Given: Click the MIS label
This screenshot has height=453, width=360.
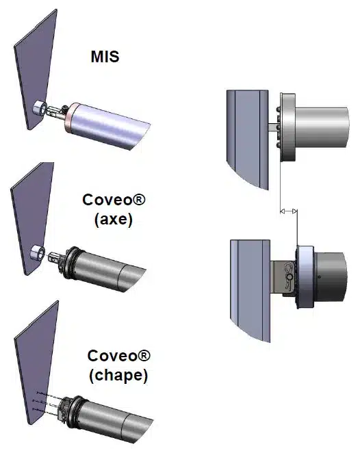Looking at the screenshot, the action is (105, 57).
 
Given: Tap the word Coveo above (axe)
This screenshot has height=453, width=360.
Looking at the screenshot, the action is (114, 200).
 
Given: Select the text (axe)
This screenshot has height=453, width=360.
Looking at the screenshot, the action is (114, 220).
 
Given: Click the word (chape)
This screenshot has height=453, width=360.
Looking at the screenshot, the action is (118, 376).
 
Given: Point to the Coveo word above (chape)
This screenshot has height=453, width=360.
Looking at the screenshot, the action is (119, 355).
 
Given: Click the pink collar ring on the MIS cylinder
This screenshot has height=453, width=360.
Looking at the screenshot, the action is (69, 116).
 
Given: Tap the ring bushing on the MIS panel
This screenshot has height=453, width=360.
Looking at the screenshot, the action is (39, 108).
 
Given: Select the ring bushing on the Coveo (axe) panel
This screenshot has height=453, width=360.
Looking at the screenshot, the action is (38, 253).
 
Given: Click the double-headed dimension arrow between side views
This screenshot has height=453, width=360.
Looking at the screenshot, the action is (289, 211).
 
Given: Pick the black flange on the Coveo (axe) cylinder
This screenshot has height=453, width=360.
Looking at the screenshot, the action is (68, 263).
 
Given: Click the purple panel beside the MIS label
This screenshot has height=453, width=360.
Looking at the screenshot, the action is (36, 69).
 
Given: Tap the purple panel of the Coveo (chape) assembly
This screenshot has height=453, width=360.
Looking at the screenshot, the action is (36, 363).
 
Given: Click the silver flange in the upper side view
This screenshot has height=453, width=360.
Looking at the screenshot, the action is (287, 127).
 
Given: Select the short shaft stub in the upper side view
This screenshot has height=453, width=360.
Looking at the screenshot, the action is (274, 127).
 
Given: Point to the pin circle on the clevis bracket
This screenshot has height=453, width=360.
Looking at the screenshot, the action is (289, 277).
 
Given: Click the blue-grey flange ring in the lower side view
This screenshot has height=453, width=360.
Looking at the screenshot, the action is (306, 276).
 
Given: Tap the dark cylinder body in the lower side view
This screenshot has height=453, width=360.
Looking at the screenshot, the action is (330, 277).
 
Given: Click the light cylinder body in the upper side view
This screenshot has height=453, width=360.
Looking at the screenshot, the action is (322, 127).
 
